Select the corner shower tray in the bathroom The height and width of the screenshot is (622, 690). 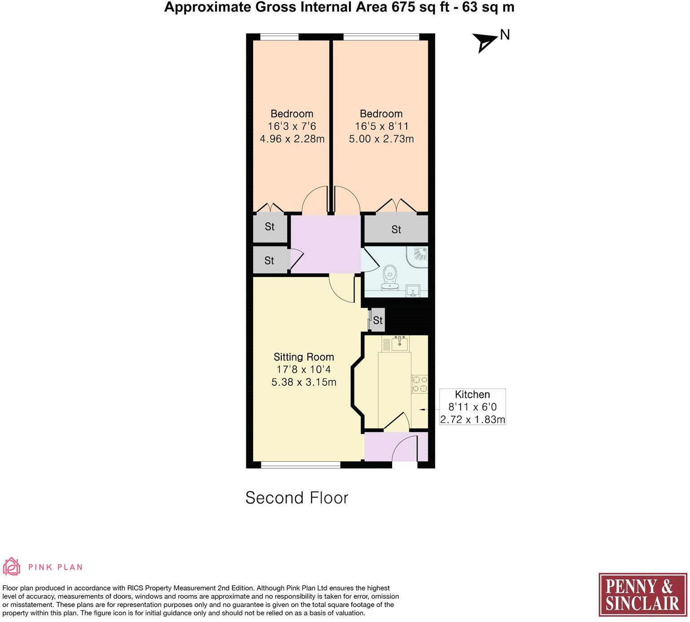point(418,256)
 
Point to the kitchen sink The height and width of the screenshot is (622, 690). point(399,344)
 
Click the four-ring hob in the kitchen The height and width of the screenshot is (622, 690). point(419,384)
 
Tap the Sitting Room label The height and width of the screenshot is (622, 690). point(304,357)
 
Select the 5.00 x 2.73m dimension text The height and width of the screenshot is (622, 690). point(381,139)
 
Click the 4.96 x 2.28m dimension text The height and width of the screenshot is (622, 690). point(292,139)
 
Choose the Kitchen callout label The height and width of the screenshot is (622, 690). point(472,395)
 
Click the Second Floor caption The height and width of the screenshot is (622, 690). point(297,498)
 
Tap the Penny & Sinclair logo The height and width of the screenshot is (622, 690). point(642,595)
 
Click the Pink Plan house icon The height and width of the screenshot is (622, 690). point(12,566)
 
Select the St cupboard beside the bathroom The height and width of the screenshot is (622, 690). point(396,229)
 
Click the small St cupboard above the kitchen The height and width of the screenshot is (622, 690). point(377,320)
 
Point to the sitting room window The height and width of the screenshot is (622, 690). point(301,465)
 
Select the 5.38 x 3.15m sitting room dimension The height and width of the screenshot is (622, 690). point(304,382)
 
